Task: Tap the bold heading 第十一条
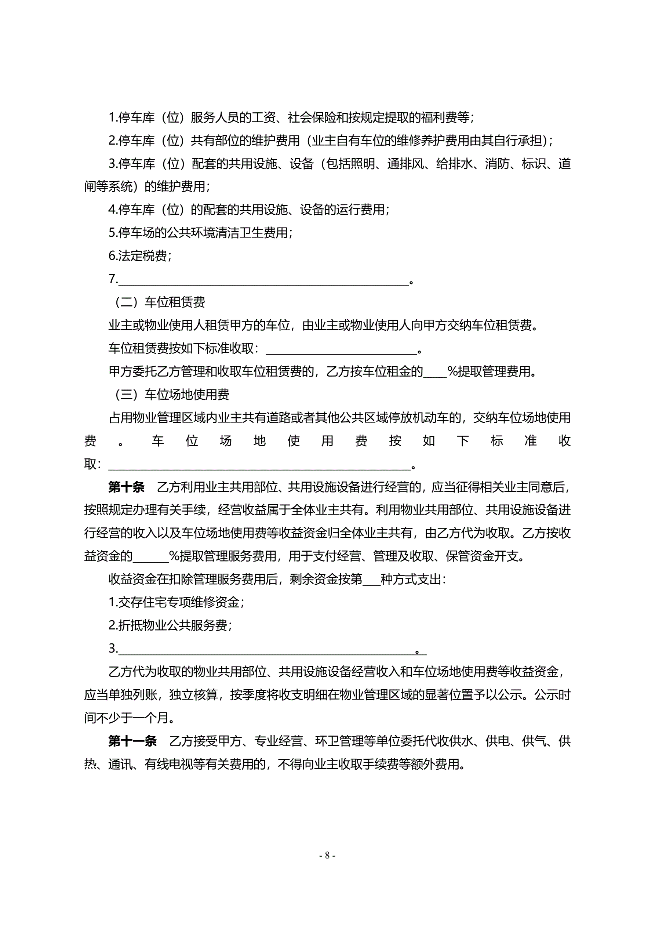pos(132,741)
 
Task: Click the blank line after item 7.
pos(263,280)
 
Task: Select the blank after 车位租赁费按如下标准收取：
pos(341,349)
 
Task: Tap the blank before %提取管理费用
pos(435,372)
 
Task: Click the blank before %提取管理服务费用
pos(151,557)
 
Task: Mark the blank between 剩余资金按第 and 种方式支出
pos(371,580)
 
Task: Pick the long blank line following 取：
pos(259,465)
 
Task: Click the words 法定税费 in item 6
pos(142,256)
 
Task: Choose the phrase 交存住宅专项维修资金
pos(179,603)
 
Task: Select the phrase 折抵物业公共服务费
pos(172,625)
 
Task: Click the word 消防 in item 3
pos(497,164)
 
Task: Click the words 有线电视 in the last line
pos(168,764)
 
